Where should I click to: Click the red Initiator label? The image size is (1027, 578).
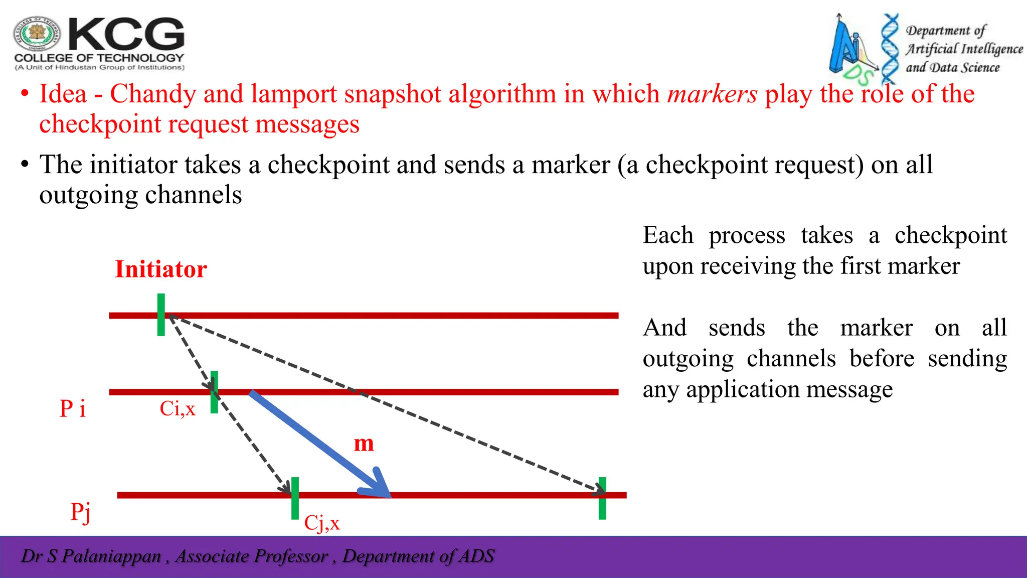point(160,269)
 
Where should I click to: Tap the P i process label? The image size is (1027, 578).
point(72,408)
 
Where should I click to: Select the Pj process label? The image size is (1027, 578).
point(80,512)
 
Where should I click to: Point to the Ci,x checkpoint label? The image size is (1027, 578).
point(177,408)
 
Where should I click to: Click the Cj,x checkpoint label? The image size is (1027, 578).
point(321,523)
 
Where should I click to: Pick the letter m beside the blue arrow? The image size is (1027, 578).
point(364,444)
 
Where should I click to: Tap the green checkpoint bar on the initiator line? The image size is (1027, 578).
point(161,315)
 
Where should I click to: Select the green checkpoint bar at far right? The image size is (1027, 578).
point(602,498)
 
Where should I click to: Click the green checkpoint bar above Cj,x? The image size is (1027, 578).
point(295,498)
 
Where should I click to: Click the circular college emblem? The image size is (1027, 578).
point(37,34)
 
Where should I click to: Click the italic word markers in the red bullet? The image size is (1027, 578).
point(712,94)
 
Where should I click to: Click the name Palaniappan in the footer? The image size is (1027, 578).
point(111,556)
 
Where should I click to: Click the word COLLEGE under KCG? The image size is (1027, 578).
point(43,58)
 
